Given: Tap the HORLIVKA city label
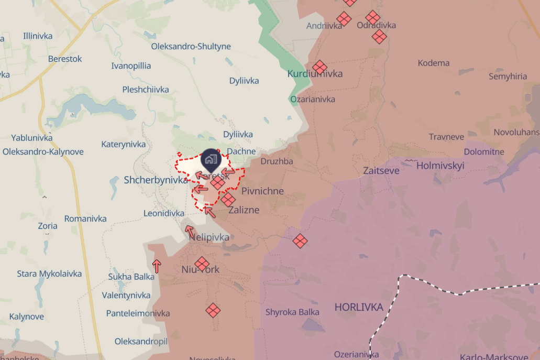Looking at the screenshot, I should pos(359,307).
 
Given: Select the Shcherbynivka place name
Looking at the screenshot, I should pos(156,180).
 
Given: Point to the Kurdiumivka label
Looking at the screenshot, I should pos(315,74).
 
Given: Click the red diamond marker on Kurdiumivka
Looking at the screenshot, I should pos(319,67).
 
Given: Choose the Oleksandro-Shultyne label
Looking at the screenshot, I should pos(191,46).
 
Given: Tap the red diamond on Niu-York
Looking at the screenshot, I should pos(202,264).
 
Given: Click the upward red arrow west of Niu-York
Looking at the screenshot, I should pos(157,266).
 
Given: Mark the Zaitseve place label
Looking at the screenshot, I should pos(381,170).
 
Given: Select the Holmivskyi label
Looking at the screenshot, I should pos(440,166).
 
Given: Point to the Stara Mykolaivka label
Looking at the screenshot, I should pos(49,274).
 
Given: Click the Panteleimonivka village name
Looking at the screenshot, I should pos(138,313).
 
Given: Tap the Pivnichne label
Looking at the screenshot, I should pos(262,191).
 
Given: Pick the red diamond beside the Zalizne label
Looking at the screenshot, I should pos(228,199).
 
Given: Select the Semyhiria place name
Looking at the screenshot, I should pos(508,77).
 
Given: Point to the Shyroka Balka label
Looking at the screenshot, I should pos(292,312).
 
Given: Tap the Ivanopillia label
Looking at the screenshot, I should pos(131,66).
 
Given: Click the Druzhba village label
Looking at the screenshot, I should pos(277,161).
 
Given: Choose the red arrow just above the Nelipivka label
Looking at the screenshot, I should pos(189,230).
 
